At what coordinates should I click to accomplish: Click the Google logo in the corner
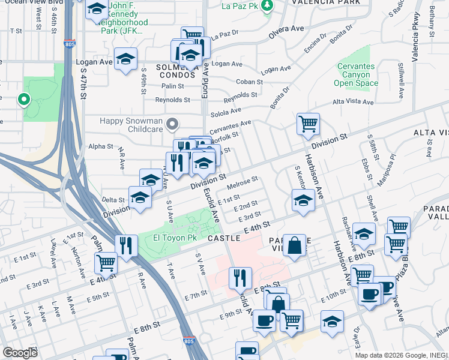pyautogui.click(x=20, y=353)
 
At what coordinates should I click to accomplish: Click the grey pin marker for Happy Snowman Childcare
pyautogui.click(x=173, y=124)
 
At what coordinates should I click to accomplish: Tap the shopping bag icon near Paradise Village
pyautogui.click(x=294, y=245)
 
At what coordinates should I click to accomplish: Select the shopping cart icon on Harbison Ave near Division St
pyautogui.click(x=308, y=124)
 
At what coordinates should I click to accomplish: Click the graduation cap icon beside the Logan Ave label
pyautogui.click(x=126, y=59)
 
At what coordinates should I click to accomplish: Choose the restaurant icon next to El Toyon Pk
pyautogui.click(x=127, y=245)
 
